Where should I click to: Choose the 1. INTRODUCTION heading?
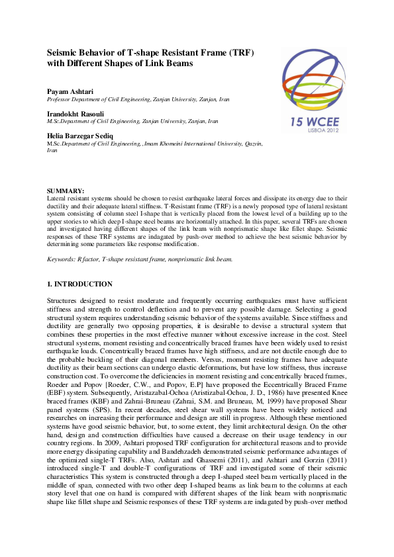(x=79, y=284)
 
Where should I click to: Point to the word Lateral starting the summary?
(x=58, y=198)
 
